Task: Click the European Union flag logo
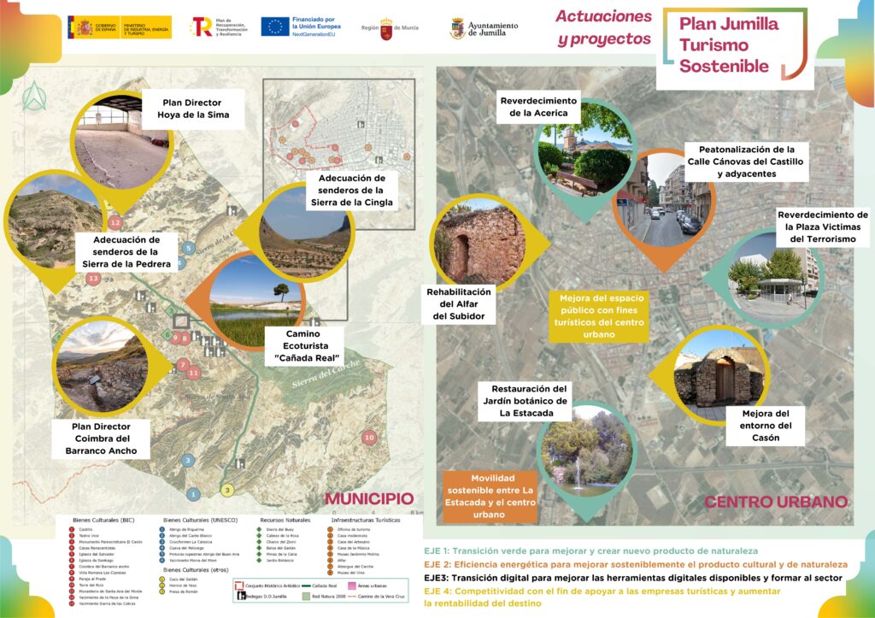(x=275, y=26)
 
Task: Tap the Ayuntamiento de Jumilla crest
(x=457, y=28)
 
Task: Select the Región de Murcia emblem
(x=385, y=28)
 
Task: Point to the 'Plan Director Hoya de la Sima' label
(x=191, y=109)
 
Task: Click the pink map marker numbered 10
(x=369, y=437)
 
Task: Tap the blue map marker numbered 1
(x=194, y=494)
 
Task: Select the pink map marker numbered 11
(x=194, y=373)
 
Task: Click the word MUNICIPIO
(x=369, y=499)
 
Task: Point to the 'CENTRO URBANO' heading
(x=775, y=502)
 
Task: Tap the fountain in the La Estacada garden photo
(x=578, y=471)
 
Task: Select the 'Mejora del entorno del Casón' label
(x=766, y=426)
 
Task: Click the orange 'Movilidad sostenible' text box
(x=490, y=497)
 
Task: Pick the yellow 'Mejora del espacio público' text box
(x=598, y=316)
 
